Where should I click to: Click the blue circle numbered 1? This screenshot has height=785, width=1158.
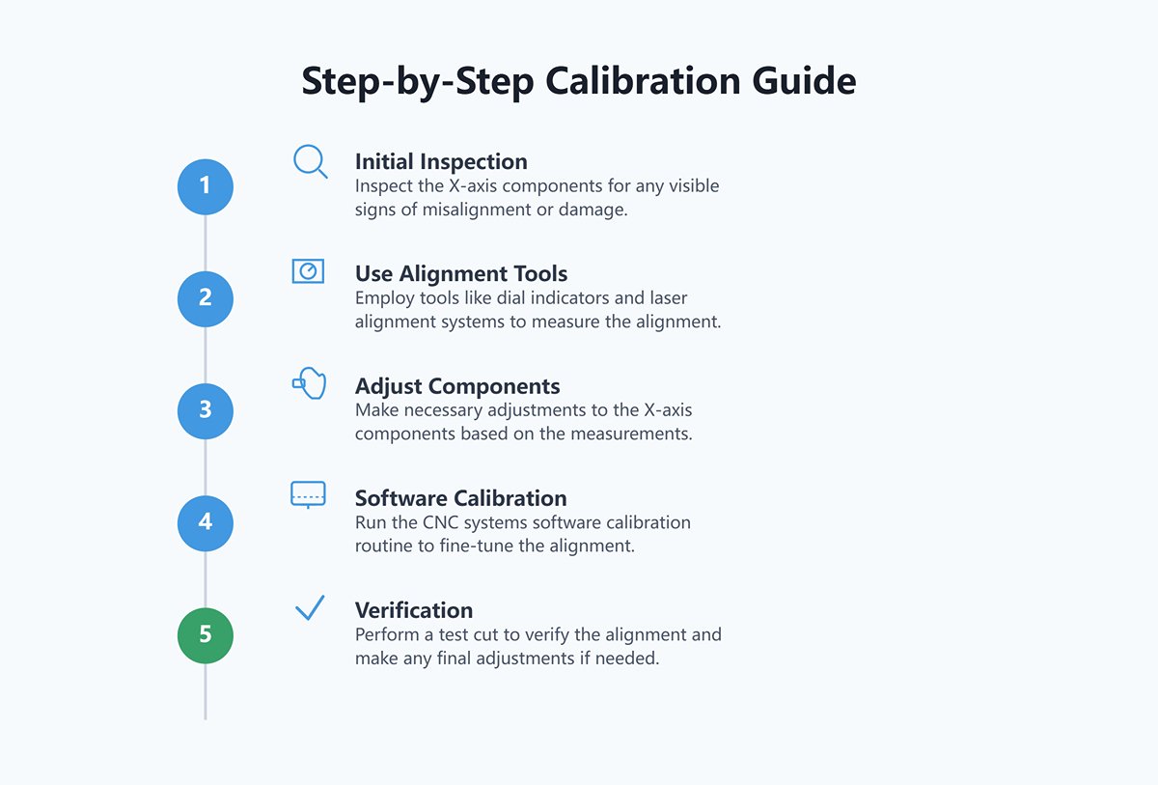point(206,186)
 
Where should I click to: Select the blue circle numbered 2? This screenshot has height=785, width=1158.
point(206,299)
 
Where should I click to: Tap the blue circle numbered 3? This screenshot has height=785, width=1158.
point(206,411)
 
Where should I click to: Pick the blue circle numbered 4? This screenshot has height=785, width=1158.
point(206,523)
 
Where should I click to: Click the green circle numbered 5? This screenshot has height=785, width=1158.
point(206,635)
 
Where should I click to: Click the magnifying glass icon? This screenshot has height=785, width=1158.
point(309,160)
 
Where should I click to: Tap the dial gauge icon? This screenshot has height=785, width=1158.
point(308,271)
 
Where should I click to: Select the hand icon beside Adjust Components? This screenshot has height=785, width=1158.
point(310,383)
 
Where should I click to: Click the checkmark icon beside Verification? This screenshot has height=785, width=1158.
point(310,607)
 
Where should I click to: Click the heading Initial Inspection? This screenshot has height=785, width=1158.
point(441,162)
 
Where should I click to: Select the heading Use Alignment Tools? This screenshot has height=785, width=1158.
point(461,273)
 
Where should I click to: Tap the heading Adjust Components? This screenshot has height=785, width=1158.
point(457,386)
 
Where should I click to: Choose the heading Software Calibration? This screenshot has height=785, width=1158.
point(460,498)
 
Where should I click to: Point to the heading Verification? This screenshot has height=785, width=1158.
point(414,610)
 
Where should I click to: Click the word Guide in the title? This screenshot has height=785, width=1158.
point(804,81)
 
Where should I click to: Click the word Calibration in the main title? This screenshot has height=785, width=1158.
point(643,81)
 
